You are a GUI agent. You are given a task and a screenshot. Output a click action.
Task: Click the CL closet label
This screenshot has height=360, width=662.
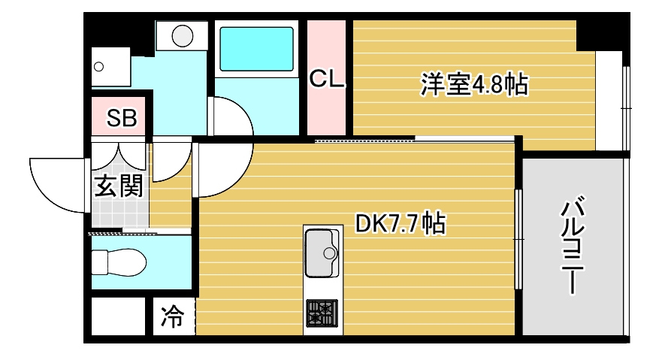[327, 78]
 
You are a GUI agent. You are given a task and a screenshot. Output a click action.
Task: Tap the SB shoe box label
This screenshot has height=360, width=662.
[121, 118]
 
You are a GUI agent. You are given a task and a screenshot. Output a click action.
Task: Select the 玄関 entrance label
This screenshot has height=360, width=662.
[118, 186]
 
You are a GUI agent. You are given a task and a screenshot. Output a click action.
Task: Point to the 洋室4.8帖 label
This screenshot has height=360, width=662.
[473, 84]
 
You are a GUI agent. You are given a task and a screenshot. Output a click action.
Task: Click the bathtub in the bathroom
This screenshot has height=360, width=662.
[255, 49]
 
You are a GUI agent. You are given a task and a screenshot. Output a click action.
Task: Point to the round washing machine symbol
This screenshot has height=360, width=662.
[183, 35]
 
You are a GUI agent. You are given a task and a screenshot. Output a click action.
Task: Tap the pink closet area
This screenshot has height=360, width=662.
[327, 113]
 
